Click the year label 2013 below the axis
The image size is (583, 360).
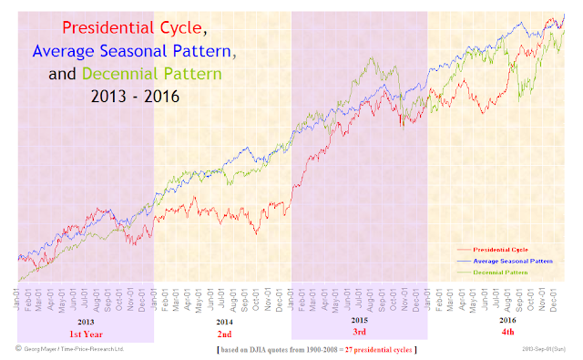tap(85, 322)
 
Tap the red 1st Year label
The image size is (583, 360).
tap(85, 334)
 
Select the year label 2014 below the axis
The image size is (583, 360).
tap(222, 322)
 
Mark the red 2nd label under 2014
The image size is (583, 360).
tap(222, 334)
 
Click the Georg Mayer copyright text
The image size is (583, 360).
tap(70, 349)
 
